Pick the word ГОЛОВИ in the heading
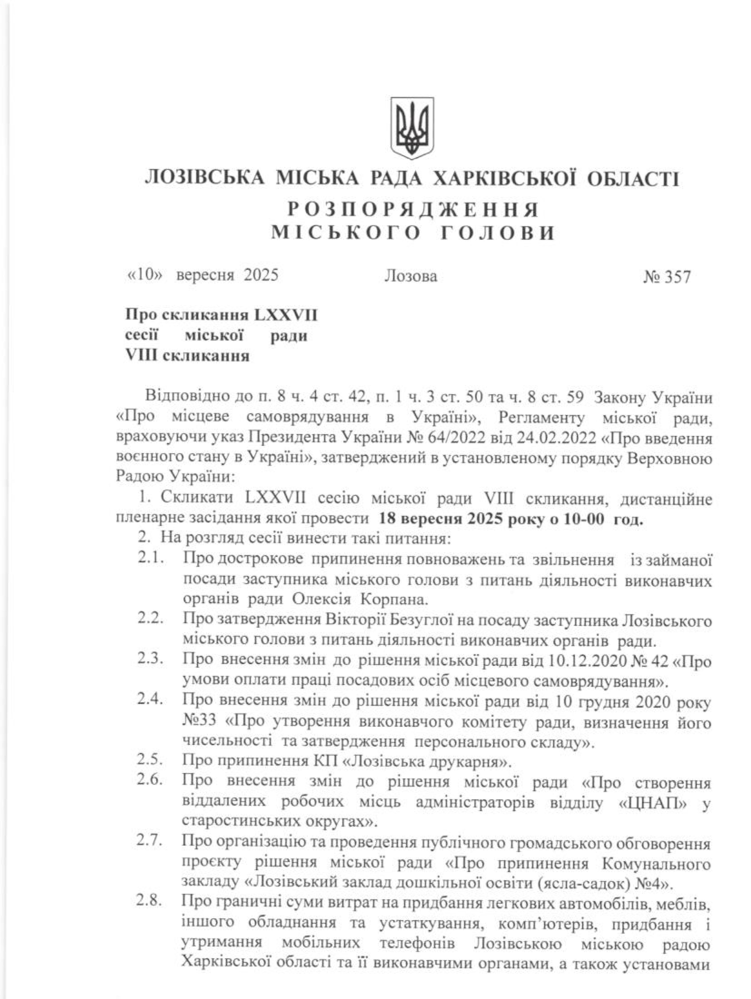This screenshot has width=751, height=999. pyautogui.click(x=497, y=234)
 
